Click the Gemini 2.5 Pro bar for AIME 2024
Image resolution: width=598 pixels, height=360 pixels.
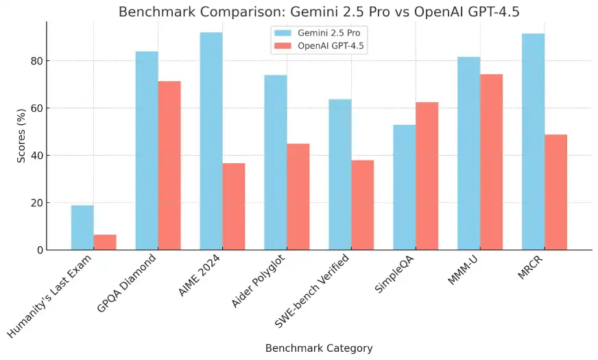click(x=211, y=141)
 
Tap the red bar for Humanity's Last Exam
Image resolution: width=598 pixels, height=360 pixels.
click(x=105, y=242)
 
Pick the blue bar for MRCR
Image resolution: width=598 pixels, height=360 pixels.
click(x=533, y=141)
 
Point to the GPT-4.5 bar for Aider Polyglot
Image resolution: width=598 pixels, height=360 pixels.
click(x=298, y=196)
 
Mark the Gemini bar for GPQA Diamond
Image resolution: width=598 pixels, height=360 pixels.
click(x=147, y=150)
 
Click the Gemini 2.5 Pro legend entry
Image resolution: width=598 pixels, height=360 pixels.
click(x=316, y=32)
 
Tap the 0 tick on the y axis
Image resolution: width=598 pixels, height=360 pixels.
click(x=39, y=250)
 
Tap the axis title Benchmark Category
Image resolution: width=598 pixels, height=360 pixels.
click(x=319, y=348)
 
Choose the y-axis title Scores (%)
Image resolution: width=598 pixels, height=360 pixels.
click(x=21, y=136)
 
